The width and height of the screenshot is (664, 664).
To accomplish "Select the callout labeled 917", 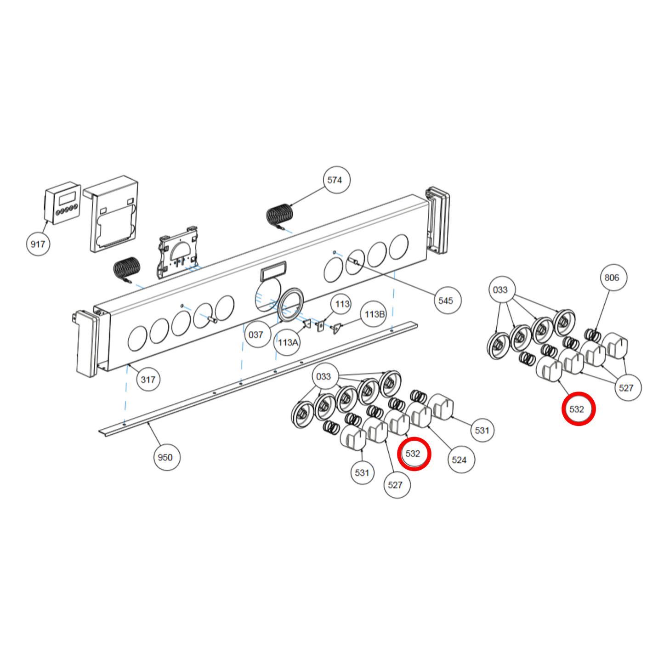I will point(38,244).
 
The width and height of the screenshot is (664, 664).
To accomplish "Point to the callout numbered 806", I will point(613,278).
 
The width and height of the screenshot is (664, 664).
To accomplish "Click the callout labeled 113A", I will point(288,342).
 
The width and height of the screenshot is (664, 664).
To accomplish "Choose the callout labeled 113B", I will point(374,314).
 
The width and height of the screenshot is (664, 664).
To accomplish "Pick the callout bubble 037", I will point(256,335).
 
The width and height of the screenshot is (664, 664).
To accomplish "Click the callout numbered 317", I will point(148,380).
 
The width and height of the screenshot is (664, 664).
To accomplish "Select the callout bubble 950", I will point(165,457).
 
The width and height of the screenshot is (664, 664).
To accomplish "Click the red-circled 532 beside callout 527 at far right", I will point(578,409).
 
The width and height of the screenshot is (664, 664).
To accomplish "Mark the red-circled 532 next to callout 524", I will point(414,454).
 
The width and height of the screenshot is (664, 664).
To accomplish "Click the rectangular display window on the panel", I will point(273,271).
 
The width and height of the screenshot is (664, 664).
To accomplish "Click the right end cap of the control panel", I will point(437,221).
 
